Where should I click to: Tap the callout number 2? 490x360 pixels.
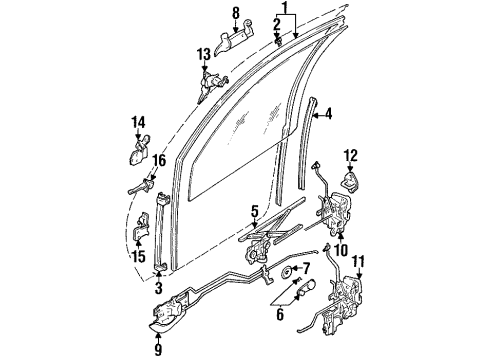[276, 22]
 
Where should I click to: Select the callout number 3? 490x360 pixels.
[159, 289]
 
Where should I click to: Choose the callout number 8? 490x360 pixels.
[237, 12]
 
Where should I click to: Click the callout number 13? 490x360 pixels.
[203, 53]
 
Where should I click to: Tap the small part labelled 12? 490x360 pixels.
[352, 180]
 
